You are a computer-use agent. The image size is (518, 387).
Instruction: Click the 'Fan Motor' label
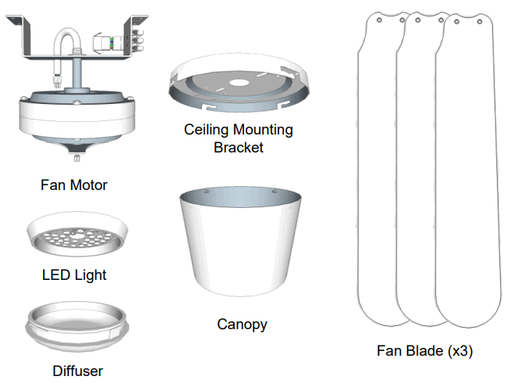coord(74,185)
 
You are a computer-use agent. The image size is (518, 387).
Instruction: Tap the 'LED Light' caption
coord(74,274)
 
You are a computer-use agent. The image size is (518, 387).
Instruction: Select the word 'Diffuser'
coord(77,371)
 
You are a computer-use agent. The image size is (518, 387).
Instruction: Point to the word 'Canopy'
coord(242,323)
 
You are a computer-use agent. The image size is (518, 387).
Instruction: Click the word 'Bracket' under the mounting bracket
coord(238,147)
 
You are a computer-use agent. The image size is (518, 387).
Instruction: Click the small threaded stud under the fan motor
coord(77,159)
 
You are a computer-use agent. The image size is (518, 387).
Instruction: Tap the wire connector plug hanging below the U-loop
coord(57,78)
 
